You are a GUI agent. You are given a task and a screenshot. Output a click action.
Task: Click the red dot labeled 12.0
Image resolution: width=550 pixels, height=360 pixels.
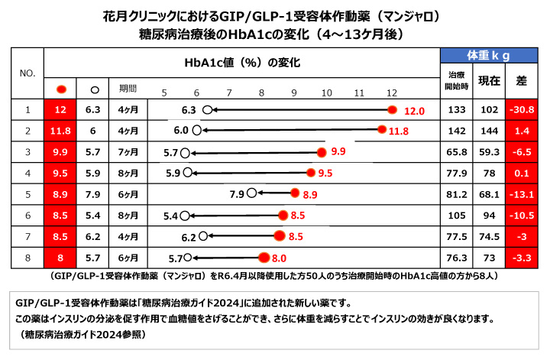pyautogui.click(x=393, y=110)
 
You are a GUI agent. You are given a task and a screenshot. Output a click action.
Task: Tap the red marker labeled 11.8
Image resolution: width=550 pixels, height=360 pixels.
pyautogui.click(x=381, y=131)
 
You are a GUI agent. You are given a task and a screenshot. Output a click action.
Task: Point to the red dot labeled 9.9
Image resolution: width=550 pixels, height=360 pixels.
pyautogui.click(x=322, y=152)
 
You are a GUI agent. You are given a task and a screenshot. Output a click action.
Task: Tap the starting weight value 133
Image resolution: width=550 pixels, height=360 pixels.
pyautogui.click(x=457, y=110)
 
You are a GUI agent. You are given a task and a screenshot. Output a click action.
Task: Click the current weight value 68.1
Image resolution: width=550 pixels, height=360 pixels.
pyautogui.click(x=489, y=194)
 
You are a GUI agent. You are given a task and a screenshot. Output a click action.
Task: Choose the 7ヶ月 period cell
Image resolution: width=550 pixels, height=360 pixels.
pyautogui.click(x=128, y=152)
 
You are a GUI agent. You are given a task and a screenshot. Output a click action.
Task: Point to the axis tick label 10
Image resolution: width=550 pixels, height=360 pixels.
pyautogui.click(x=327, y=92)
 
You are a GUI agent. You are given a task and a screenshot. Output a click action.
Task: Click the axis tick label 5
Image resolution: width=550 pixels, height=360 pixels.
pyautogui.click(x=164, y=92)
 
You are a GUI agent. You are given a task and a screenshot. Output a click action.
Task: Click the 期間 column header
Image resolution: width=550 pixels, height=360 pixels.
pyautogui.click(x=128, y=88)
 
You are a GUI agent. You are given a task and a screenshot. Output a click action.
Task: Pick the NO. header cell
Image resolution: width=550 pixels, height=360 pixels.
pyautogui.click(x=27, y=73)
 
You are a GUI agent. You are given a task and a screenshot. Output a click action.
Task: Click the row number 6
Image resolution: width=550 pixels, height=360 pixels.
pyautogui.click(x=27, y=215)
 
